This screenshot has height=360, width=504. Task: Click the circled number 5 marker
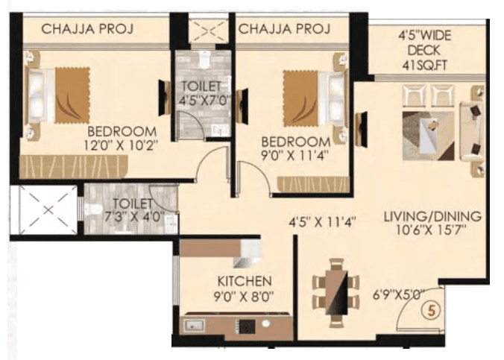point(430,310)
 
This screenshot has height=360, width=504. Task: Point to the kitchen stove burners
point(246,326)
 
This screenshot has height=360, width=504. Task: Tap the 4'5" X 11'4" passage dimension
point(324,221)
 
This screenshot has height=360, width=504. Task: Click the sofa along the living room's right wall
point(472,131)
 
